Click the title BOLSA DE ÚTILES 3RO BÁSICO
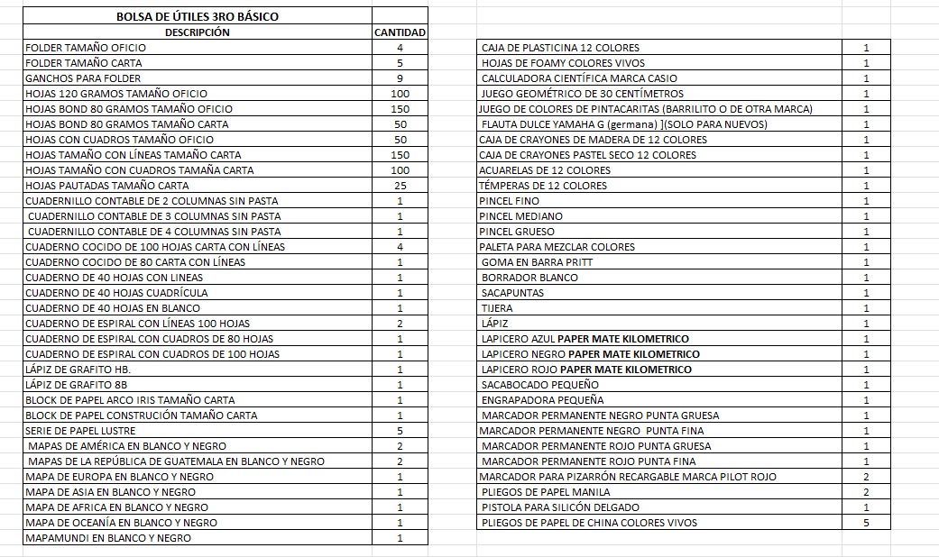point(197,17)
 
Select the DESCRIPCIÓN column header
point(197,32)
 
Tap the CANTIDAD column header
point(400,32)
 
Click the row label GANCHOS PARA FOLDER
point(83,78)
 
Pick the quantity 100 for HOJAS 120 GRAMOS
point(400,94)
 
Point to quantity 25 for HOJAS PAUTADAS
point(400,186)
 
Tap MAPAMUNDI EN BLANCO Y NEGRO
point(108,538)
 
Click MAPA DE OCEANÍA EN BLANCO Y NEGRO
point(121,523)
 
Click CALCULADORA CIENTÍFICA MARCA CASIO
point(579,78)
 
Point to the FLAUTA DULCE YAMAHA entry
point(624,124)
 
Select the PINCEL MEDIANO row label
point(521,216)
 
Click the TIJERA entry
point(497,308)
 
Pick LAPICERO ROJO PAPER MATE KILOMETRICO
point(586,370)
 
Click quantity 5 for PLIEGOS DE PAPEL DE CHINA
point(866,523)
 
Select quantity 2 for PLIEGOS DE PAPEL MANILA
point(866,492)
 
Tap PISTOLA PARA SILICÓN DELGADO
point(560,507)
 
